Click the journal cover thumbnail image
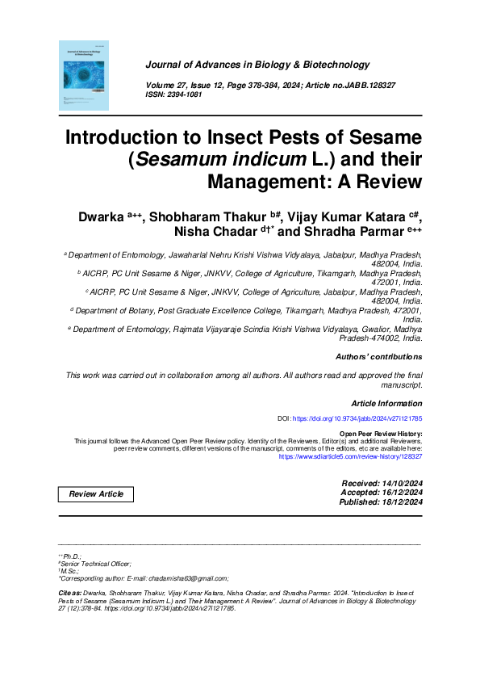[x=84, y=76]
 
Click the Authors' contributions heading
[x=378, y=356]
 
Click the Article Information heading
[x=386, y=403]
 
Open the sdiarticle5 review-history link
[x=350, y=457]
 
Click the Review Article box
[x=96, y=494]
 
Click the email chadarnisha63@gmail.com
[x=190, y=578]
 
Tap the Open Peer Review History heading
[x=381, y=434]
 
